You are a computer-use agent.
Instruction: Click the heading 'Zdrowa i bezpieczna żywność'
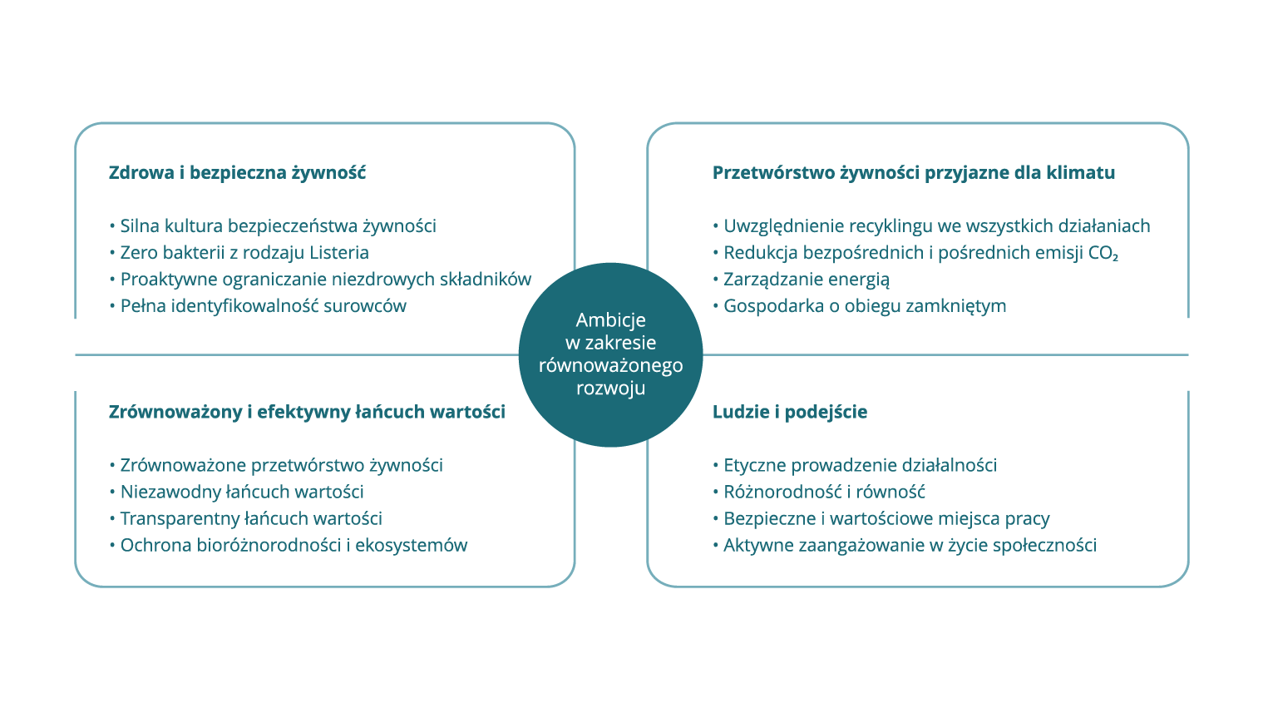pyautogui.click(x=237, y=173)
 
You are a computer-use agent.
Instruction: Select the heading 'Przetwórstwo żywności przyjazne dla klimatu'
pyautogui.click(x=914, y=173)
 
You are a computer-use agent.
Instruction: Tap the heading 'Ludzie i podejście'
pyautogui.click(x=790, y=412)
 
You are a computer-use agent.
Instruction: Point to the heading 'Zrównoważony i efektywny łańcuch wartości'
pyautogui.click(x=307, y=412)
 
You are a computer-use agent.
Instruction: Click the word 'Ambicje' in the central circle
pyautogui.click(x=611, y=320)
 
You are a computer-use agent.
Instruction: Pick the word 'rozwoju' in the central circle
pyautogui.click(x=611, y=388)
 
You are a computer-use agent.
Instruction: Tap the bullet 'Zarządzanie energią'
pyautogui.click(x=801, y=280)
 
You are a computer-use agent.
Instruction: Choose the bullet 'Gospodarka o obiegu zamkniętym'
pyautogui.click(x=859, y=306)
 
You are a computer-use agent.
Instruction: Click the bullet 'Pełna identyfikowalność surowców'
pyautogui.click(x=258, y=306)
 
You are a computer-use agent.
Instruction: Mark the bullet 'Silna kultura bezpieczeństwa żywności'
pyautogui.click(x=272, y=226)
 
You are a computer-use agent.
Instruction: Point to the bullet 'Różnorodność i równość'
pyautogui.click(x=818, y=492)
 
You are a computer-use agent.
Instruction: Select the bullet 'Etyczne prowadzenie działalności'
pyautogui.click(x=855, y=465)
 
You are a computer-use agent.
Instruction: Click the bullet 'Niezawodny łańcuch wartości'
pyautogui.click(x=236, y=492)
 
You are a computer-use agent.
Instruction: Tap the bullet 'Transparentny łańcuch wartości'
pyautogui.click(x=245, y=518)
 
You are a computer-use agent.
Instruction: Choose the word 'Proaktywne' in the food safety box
pyautogui.click(x=169, y=280)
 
